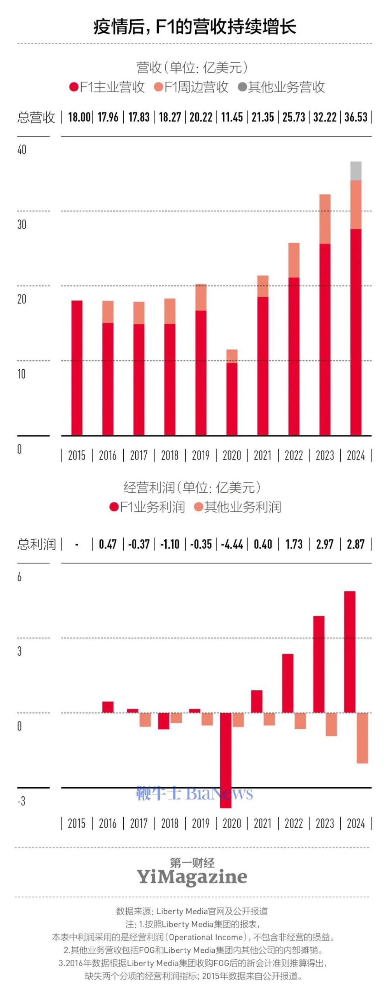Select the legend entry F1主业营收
(107, 87)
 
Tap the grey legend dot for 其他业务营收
(242, 87)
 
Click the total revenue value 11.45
(232, 117)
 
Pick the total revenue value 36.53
(356, 117)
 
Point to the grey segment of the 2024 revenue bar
(356, 171)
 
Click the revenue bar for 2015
(77, 367)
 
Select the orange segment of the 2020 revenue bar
(232, 356)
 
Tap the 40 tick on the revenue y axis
(22, 150)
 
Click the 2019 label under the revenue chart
(201, 455)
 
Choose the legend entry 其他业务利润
(238, 507)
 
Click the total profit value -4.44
(232, 544)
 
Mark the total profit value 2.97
(325, 544)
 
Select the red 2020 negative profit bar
(226, 759)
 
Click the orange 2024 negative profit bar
(362, 737)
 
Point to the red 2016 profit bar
(108, 707)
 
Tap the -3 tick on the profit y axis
(21, 801)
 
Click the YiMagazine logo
(192, 876)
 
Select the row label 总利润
(37, 544)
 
